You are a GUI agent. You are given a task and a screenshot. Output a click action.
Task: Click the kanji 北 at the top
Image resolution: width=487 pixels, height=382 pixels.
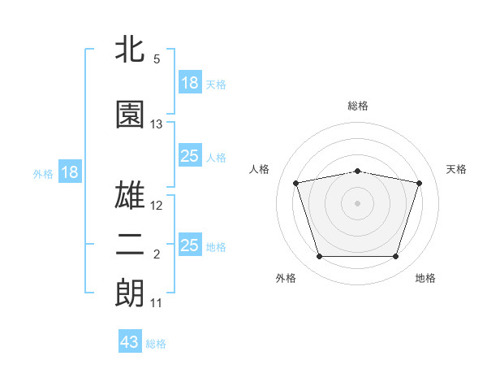[131, 50]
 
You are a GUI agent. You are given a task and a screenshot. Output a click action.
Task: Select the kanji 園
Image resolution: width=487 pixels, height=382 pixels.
[131, 115]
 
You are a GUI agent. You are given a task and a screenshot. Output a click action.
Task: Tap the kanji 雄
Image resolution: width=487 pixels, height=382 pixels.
[131, 194]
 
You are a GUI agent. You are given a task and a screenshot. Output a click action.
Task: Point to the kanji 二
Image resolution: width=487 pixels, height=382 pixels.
[131, 246]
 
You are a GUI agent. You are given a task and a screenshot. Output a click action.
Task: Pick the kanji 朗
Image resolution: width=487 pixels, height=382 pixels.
[131, 293]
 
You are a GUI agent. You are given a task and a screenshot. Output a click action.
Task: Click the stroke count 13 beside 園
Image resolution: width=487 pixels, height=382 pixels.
[157, 124]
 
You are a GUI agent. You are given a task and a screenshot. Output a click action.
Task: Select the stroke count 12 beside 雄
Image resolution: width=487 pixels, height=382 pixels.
[157, 205]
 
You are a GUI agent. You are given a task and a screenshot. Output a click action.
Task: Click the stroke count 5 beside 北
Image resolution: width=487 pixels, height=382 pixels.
[157, 59]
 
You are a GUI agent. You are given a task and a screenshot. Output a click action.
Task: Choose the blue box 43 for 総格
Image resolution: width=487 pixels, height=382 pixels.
[130, 342]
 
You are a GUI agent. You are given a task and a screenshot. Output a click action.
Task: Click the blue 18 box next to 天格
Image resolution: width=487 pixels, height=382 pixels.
[190, 83]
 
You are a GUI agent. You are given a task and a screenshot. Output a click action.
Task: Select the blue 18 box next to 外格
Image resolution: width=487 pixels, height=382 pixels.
[69, 172]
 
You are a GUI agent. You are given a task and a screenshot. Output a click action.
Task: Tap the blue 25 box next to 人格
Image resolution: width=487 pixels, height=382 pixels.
[190, 157]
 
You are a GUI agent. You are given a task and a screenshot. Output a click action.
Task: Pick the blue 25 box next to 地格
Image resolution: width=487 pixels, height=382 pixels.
[190, 245]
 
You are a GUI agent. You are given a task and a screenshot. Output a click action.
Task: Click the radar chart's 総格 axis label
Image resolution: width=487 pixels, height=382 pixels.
[358, 106]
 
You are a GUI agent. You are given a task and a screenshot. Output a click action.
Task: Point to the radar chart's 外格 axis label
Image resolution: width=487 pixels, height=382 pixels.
[286, 278]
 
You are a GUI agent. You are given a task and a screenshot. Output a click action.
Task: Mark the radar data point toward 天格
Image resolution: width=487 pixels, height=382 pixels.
[419, 183]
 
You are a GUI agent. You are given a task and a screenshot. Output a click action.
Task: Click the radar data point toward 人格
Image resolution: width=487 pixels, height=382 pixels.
[296, 183]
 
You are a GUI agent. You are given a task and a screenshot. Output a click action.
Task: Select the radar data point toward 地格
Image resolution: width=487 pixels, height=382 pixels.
[395, 256]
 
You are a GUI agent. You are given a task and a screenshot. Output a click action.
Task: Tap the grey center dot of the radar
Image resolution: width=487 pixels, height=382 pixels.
[358, 202]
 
